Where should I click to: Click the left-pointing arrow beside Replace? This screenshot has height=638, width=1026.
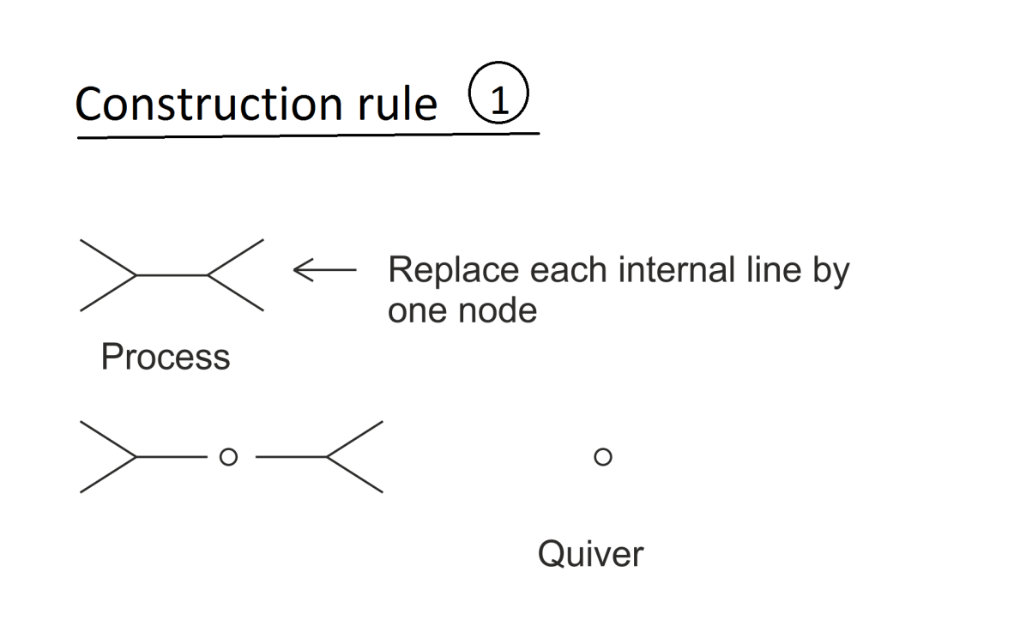coord(323,271)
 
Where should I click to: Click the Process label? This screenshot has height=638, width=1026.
coord(165,357)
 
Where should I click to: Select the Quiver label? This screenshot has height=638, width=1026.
coord(590,554)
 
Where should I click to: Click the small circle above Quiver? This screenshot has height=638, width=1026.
coord(602,458)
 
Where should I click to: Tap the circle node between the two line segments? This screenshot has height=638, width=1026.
coord(227,458)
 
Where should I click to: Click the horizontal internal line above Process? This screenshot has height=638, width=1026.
coord(172,275)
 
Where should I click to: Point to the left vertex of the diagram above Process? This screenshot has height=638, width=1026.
coord(136,275)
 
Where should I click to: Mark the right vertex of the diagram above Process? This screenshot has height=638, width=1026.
coord(208,275)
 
